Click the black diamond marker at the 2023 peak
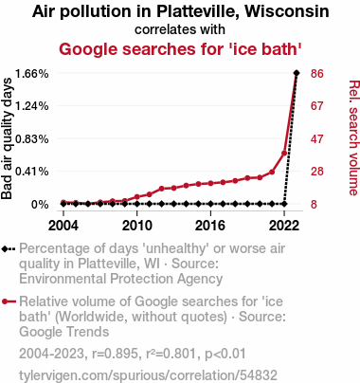pos(297,73)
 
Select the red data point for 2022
pos(284,154)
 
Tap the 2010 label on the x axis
pos(137,226)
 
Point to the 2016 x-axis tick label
pos(210,226)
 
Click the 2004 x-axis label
pos(63,226)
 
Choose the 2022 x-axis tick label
pos(284,226)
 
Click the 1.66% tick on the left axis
pos(32,74)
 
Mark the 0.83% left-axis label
pos(32,138)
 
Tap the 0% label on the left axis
pos(40,205)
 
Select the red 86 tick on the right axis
pos(317,74)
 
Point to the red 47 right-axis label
pos(317,138)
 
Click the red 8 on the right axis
pos(314,205)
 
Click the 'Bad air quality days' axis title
pos(7,138)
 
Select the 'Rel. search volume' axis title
pos(353,137)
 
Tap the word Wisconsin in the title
pos(287,11)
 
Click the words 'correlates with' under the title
pos(180,29)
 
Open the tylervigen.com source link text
pos(148,375)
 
